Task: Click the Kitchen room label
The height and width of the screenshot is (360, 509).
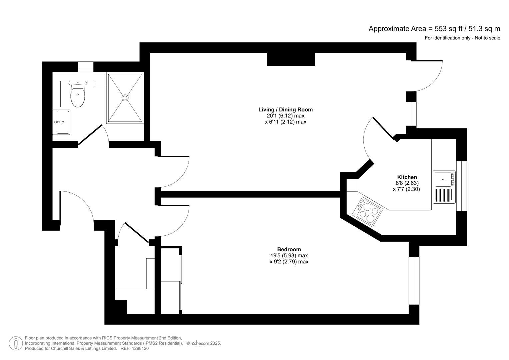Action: coord(407,177)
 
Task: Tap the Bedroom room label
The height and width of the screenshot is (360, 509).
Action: coord(289,249)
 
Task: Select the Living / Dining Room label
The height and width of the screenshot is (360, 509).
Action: coord(285,109)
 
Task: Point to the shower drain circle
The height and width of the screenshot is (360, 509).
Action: coord(125,98)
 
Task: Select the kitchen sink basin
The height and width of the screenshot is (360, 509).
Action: coord(444,179)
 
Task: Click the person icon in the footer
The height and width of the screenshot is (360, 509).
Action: coord(16,343)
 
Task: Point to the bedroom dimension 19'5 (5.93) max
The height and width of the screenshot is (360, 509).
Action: coord(289,255)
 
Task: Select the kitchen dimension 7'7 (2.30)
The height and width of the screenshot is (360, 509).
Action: coord(406,189)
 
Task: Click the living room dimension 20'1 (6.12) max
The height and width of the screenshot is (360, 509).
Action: coord(285,116)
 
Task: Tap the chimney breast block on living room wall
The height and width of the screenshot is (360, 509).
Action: coord(291,59)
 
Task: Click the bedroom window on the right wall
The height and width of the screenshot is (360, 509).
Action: coord(414,280)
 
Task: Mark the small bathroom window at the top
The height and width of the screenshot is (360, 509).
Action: coord(86,67)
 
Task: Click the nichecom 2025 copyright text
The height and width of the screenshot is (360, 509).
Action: coord(204,343)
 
